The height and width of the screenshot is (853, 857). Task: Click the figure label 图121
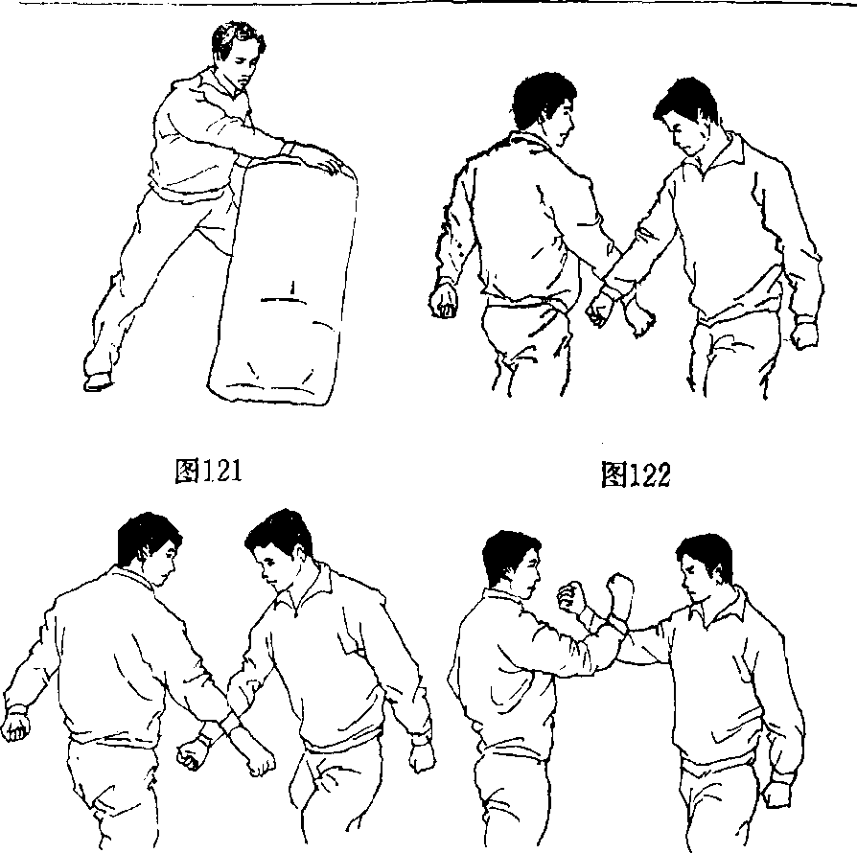(x=208, y=471)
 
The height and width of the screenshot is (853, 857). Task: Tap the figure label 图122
(x=636, y=474)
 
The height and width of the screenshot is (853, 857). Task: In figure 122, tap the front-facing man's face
(x=685, y=136)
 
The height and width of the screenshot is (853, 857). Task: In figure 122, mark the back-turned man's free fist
(x=443, y=301)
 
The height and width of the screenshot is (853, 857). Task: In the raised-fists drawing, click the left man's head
(x=512, y=564)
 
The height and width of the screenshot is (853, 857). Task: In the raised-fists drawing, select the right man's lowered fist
(x=776, y=793)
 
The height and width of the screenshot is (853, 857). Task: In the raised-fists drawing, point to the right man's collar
(x=723, y=606)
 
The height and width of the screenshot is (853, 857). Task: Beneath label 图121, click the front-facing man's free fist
(x=422, y=757)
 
